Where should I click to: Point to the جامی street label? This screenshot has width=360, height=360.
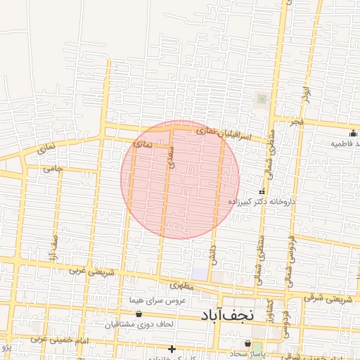coord(53,169)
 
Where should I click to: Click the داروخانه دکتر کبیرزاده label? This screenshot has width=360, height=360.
coord(263,202)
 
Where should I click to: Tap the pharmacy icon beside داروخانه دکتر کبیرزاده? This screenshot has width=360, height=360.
coord(262,191)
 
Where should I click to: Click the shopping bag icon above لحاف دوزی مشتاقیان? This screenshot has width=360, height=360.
coord(139,314)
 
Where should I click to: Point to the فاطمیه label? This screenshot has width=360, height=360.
coord(345,143)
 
